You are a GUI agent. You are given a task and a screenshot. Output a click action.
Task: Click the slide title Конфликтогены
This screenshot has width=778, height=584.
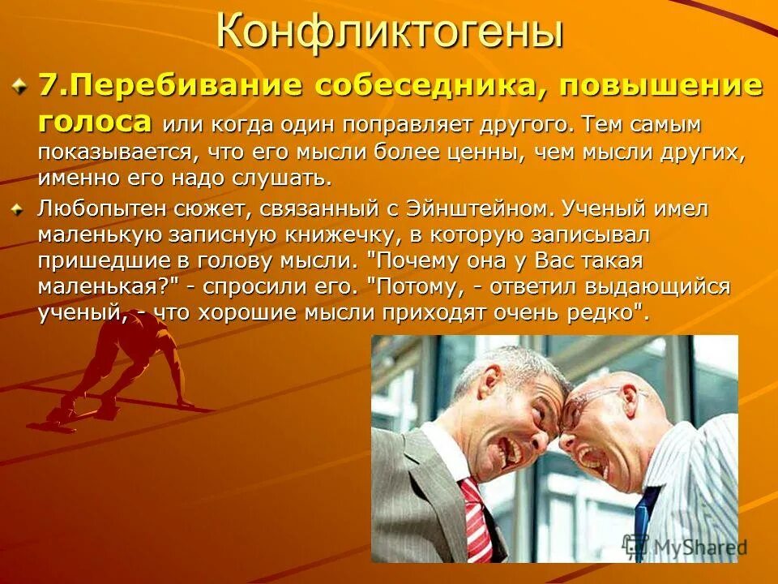coord(389,33)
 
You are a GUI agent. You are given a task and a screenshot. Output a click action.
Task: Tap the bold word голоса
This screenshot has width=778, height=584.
coord(94,122)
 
